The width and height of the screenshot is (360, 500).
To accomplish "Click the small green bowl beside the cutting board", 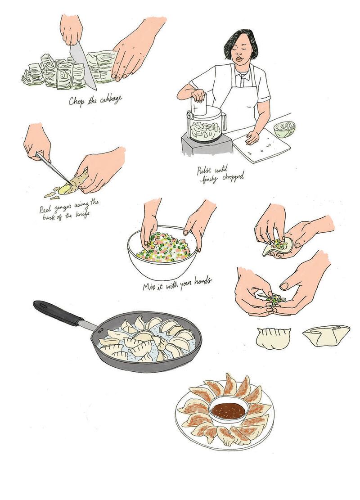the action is click(x=284, y=130).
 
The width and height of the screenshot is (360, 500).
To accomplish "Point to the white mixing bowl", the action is click(x=162, y=253).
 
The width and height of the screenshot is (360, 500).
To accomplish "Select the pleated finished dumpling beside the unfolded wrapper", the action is click(x=274, y=338).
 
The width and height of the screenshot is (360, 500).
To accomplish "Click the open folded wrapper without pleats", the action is click(x=326, y=335).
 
